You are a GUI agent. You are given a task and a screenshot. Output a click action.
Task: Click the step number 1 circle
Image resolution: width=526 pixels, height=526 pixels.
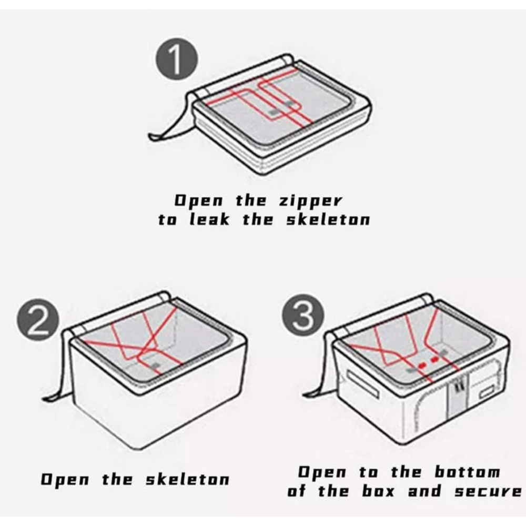pyautogui.click(x=177, y=59)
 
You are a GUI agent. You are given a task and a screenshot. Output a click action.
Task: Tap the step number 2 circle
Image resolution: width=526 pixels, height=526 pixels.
pyautogui.click(x=38, y=320)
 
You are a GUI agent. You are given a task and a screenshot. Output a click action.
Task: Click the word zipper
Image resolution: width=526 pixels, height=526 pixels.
pyautogui.click(x=311, y=201)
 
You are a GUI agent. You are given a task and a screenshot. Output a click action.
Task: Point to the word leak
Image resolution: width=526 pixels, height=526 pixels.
pyautogui.click(x=210, y=219)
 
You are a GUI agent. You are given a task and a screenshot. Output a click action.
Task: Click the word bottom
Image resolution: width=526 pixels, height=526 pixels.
pyautogui.click(x=467, y=472)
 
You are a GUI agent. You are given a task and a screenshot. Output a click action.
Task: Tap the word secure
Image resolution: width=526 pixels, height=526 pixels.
pyautogui.click(x=488, y=491)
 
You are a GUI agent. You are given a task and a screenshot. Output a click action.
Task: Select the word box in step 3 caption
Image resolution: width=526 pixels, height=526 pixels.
pyautogui.click(x=378, y=491)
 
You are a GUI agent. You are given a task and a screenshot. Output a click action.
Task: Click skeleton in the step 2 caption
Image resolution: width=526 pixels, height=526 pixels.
pyautogui.click(x=188, y=479)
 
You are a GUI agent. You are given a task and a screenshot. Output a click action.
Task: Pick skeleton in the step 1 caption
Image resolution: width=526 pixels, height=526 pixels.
pyautogui.click(x=328, y=219)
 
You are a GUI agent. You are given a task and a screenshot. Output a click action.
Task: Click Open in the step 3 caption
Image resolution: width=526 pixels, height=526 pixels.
pyautogui.click(x=322, y=473)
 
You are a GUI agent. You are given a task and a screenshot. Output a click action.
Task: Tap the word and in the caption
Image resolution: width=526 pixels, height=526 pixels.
pyautogui.click(x=424, y=491)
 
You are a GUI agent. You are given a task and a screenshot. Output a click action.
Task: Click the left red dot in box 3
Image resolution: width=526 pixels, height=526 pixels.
pyautogui.click(x=422, y=365)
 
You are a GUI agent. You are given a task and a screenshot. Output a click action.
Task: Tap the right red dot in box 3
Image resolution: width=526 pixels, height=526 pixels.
pyautogui.click(x=435, y=360)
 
